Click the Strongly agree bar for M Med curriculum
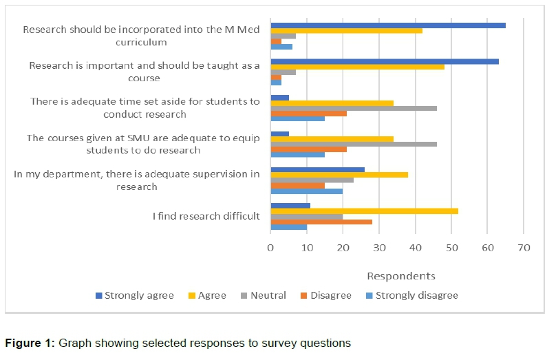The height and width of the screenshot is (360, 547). click(x=388, y=25)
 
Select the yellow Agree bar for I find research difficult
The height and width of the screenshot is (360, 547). click(x=364, y=211)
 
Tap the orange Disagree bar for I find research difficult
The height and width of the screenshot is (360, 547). click(x=321, y=222)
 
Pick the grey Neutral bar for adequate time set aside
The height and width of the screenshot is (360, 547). click(x=354, y=108)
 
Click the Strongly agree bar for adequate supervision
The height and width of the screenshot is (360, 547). click(x=317, y=169)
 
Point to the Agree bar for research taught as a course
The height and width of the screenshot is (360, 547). click(x=357, y=67)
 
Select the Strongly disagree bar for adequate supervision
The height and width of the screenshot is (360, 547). click(x=306, y=191)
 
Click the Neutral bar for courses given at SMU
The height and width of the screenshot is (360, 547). click(x=354, y=145)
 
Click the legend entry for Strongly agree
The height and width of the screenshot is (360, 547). click(x=134, y=295)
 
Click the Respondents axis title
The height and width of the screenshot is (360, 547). click(x=400, y=276)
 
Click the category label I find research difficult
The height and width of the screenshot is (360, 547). click(x=206, y=216)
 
